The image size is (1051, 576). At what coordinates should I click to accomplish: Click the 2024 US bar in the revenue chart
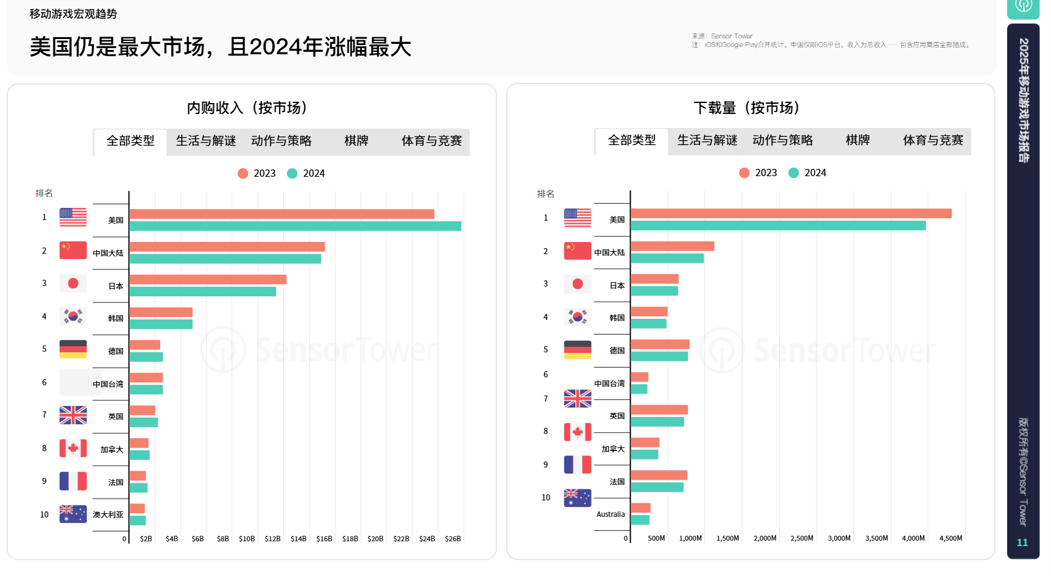(x=295, y=226)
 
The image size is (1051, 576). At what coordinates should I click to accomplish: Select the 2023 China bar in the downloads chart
(x=672, y=246)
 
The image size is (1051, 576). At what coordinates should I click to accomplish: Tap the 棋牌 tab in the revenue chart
(x=356, y=141)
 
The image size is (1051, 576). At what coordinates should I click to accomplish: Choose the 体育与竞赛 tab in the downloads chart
(x=933, y=140)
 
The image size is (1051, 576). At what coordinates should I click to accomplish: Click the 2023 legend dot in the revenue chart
(x=242, y=174)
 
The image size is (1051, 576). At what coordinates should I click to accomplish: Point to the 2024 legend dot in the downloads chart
(x=793, y=173)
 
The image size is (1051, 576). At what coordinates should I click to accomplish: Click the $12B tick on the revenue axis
(x=272, y=539)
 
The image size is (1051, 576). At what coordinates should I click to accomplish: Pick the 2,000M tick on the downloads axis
(x=765, y=538)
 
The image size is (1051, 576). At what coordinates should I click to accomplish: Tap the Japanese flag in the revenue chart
(x=73, y=283)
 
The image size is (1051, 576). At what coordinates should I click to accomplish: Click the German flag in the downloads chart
(x=577, y=350)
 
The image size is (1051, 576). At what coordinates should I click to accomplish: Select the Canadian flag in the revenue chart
(x=73, y=449)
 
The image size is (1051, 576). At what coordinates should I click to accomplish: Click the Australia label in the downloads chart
(x=610, y=514)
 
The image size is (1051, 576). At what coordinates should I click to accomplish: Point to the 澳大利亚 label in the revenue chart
(x=108, y=515)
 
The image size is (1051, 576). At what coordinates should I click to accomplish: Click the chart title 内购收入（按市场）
(x=247, y=108)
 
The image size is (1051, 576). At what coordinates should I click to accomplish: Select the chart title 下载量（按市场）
(x=747, y=108)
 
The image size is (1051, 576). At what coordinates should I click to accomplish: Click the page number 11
(x=1022, y=542)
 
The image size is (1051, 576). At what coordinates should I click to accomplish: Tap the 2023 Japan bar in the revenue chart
(x=208, y=280)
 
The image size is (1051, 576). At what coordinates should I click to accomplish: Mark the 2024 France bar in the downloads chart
(x=657, y=487)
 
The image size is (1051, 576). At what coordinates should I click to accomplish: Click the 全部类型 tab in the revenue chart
(x=130, y=141)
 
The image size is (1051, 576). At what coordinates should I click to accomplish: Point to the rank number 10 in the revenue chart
(x=44, y=515)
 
